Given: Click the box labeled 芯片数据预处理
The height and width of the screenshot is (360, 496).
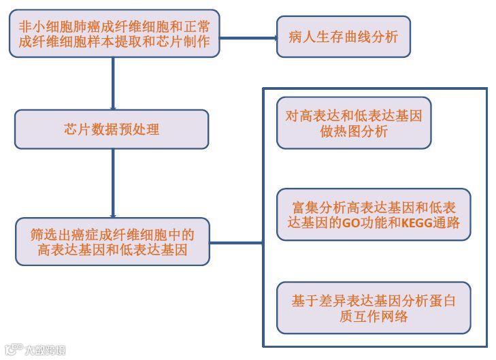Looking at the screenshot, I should [x=112, y=129].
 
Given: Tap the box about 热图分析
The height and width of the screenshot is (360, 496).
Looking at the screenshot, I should [x=354, y=123].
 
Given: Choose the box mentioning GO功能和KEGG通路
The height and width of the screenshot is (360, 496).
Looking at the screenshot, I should [x=374, y=214].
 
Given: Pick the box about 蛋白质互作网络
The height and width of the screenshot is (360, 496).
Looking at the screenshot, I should [x=374, y=308].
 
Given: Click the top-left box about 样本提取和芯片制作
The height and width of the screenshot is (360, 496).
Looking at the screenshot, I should [x=112, y=35].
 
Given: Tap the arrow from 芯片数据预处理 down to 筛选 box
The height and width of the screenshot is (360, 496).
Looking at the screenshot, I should [x=112, y=184].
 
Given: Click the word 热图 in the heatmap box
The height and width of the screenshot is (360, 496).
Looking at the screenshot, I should [x=354, y=132].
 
